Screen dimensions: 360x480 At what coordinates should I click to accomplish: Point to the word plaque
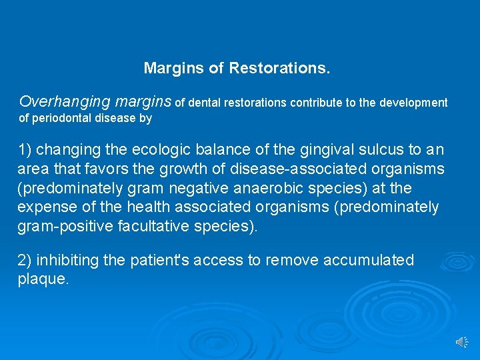[42, 279]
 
